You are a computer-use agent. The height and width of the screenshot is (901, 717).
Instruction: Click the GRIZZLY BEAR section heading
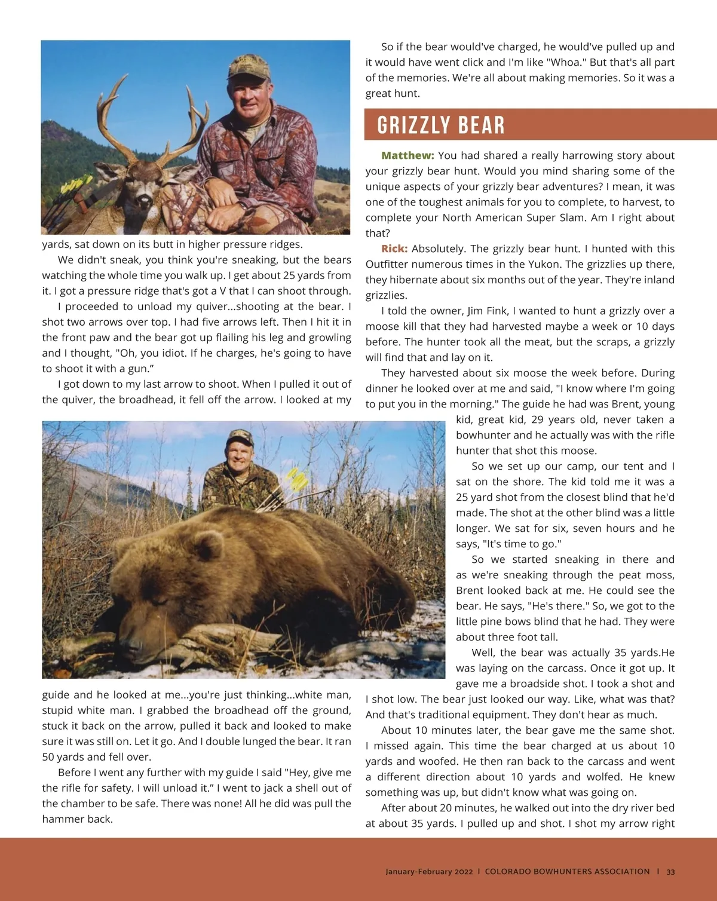tap(441, 125)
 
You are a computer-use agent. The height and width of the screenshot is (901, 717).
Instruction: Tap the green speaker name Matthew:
tap(407, 155)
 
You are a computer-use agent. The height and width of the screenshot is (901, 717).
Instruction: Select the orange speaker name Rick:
tap(394, 249)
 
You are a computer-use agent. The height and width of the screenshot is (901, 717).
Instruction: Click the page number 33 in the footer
tap(670, 872)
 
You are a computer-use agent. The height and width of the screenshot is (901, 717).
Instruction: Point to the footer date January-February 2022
tap(428, 872)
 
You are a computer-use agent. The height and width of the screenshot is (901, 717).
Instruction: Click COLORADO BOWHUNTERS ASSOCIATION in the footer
tap(567, 872)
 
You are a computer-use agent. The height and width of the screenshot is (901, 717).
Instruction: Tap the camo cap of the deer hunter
tap(248, 68)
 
